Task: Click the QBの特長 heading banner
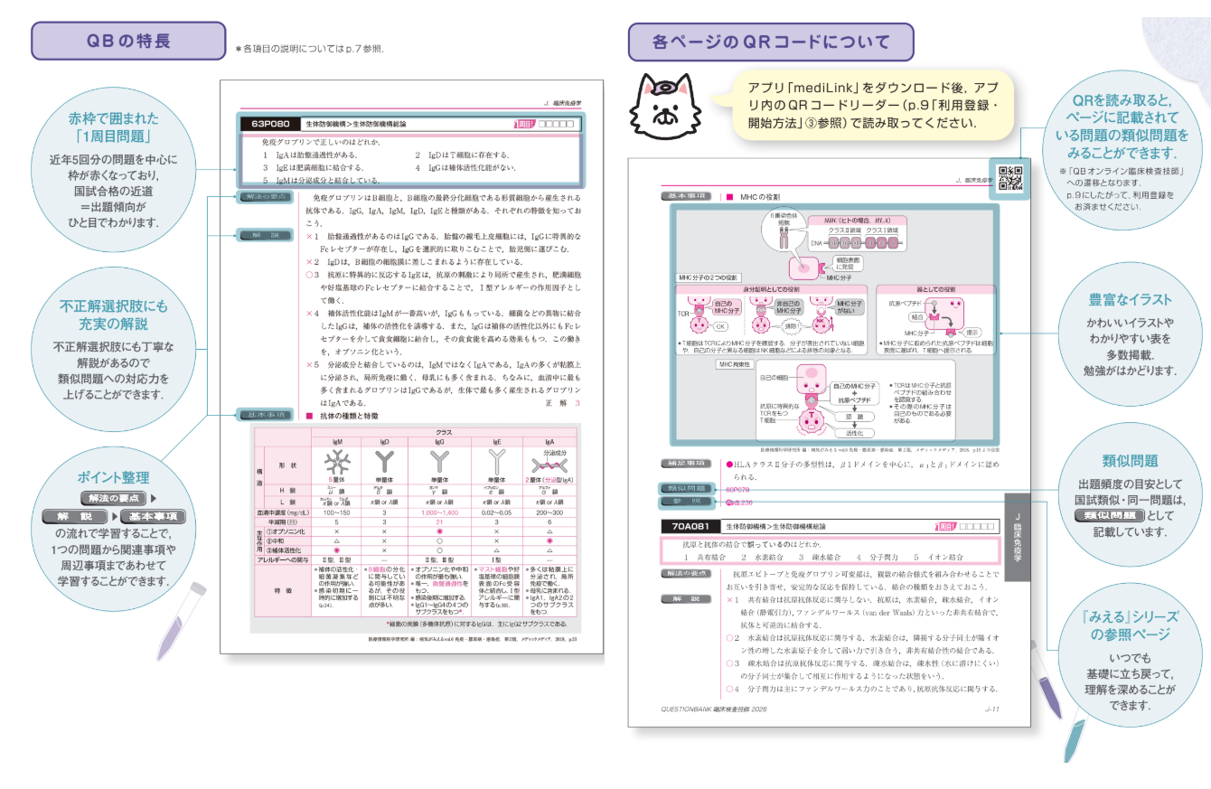127,41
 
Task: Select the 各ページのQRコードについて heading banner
771,41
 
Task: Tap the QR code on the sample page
1009,178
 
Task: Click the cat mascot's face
665,105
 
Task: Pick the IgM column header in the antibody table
337,443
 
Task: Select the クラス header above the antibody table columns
444,433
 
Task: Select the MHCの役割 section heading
759,196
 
